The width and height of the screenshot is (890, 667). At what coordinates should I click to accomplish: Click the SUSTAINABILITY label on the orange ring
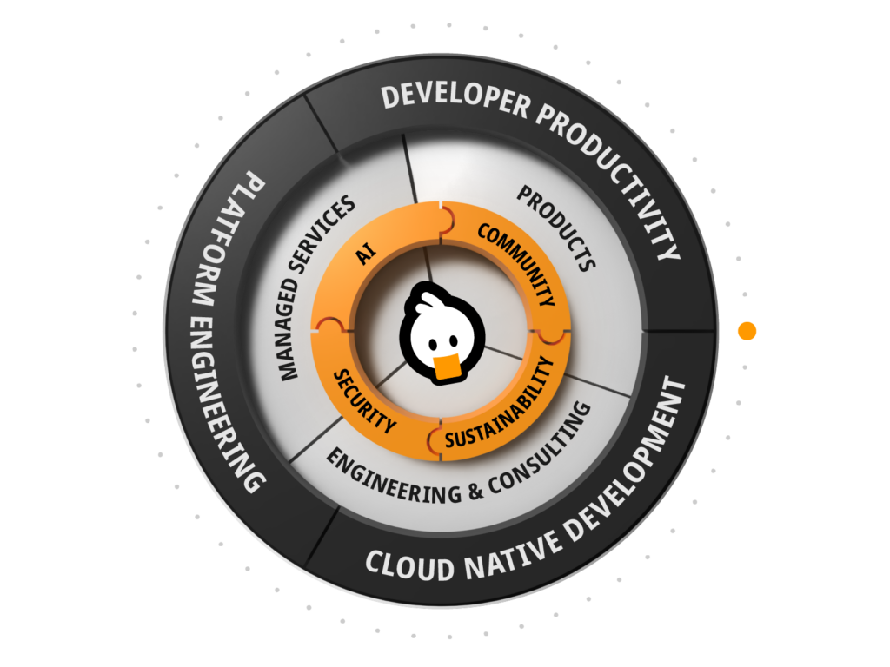[x=500, y=403]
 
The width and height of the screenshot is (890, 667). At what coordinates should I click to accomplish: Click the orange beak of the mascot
[x=447, y=367]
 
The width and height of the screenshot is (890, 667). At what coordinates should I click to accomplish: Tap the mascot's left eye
[x=433, y=344]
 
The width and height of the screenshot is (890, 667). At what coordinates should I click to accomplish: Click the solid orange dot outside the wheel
[x=747, y=331]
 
